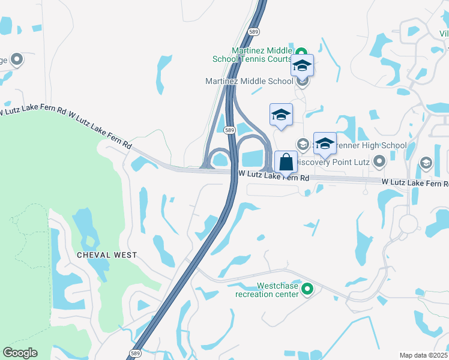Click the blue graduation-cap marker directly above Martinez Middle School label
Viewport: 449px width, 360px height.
pyautogui.click(x=302, y=65)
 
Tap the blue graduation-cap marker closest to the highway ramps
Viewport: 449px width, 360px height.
pyautogui.click(x=281, y=114)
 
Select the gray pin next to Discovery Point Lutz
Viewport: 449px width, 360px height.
pyautogui.click(x=379, y=161)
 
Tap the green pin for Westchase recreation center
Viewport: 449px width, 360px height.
pyautogui.click(x=307, y=290)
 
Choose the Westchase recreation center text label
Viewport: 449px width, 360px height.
pyautogui.click(x=267, y=290)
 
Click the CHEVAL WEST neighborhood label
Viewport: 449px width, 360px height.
pyautogui.click(x=107, y=255)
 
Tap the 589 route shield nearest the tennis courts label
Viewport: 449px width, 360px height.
pyautogui.click(x=254, y=32)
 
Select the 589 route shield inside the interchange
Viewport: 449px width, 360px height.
pyautogui.click(x=229, y=130)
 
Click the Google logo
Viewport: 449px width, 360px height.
pyautogui.click(x=20, y=353)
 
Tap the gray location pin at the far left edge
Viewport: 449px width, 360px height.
pyautogui.click(x=17, y=59)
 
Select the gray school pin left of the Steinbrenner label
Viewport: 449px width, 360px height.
pyautogui.click(x=303, y=144)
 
